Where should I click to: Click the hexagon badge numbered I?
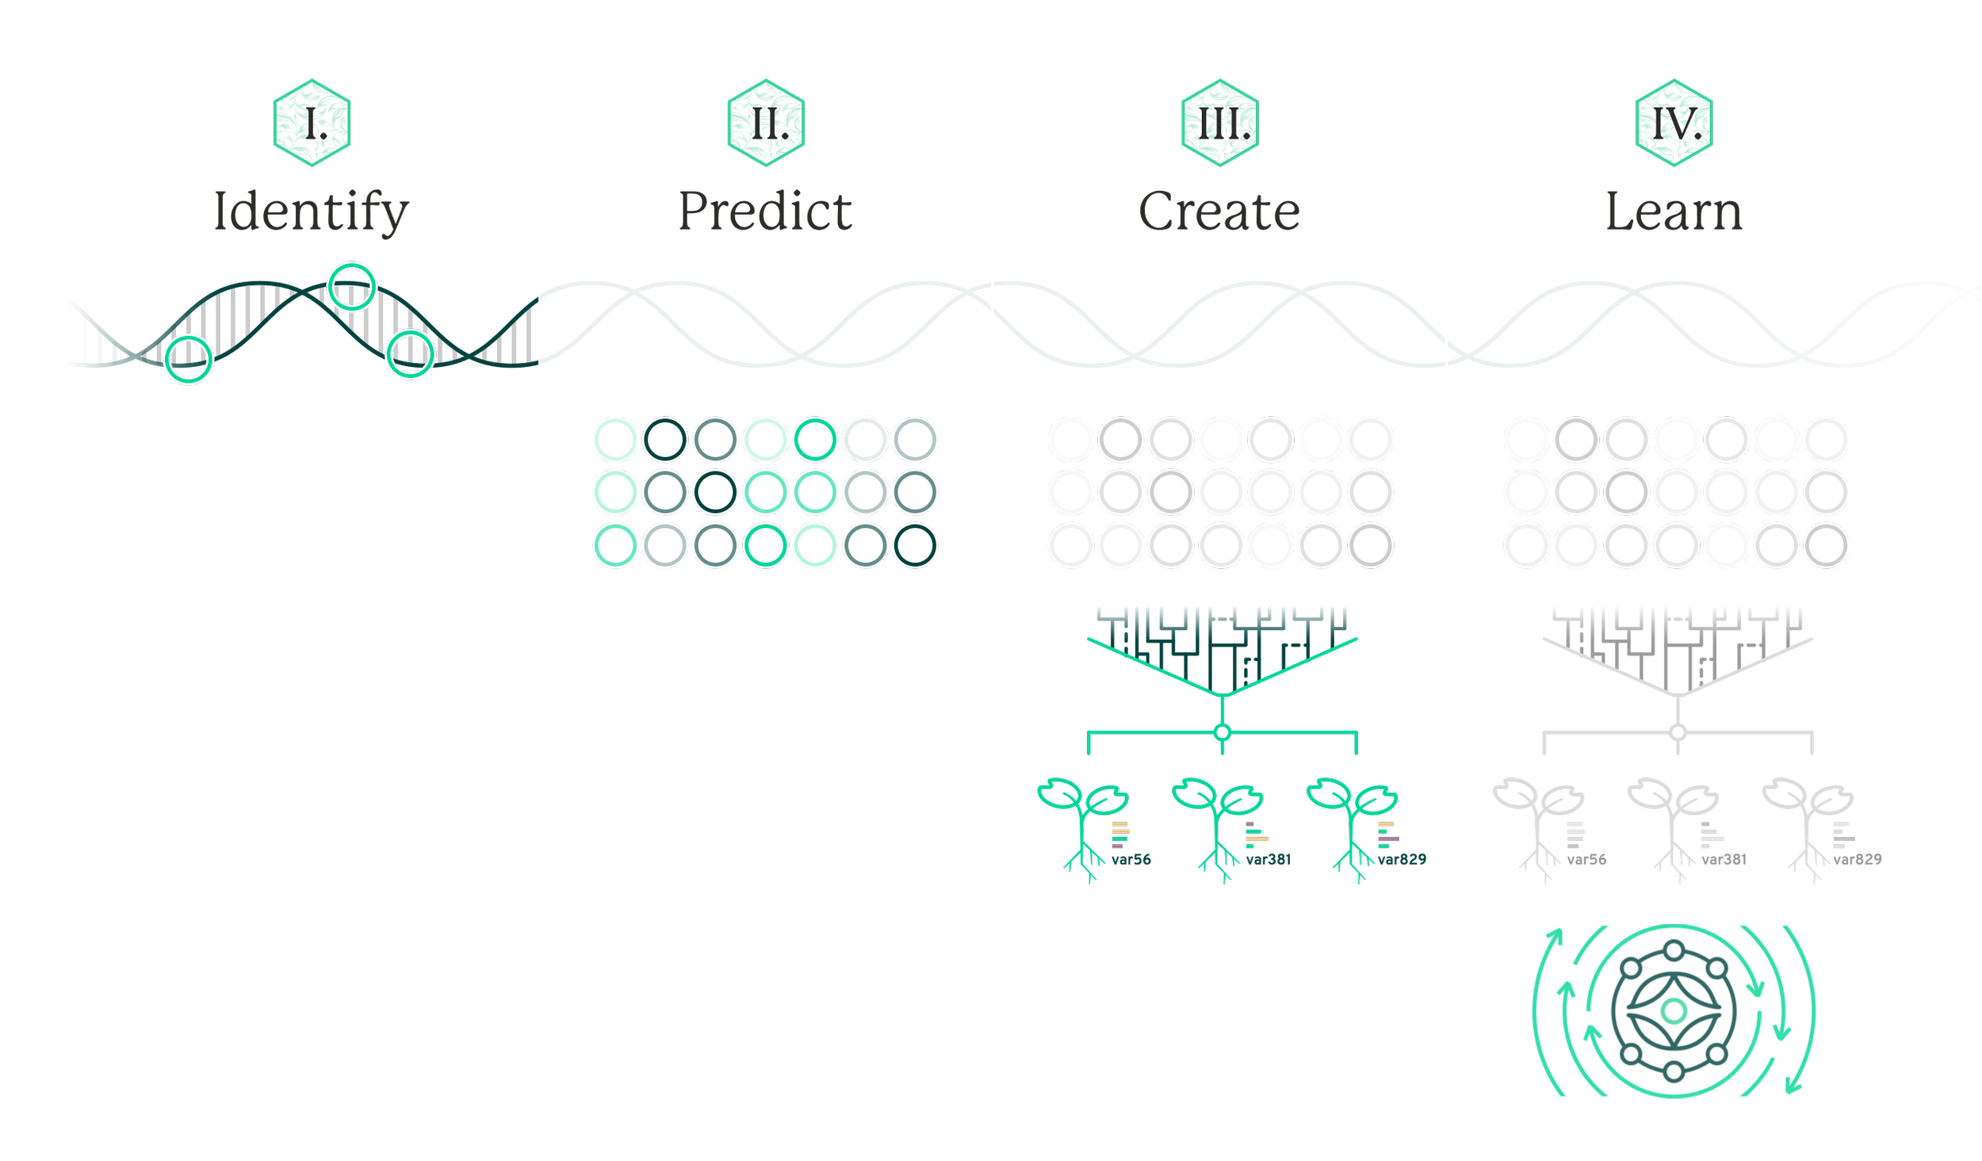312,123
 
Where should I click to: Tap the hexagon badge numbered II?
767,123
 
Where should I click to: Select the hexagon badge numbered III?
1222,123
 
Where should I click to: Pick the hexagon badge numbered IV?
1674,123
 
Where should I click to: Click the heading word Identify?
312,212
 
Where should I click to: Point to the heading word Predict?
766,212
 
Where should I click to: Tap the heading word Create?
1221,212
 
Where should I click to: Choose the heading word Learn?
1674,212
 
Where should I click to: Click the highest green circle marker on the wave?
352,287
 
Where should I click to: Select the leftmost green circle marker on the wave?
189,359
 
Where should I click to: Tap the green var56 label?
1131,860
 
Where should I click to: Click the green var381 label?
1268,860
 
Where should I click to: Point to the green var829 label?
1402,860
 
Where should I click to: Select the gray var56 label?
1586,860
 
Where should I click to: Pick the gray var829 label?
1857,860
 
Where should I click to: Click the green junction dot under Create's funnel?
1222,731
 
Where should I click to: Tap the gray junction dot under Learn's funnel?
1678,731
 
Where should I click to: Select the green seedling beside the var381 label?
1216,828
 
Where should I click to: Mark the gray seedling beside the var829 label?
1808,828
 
